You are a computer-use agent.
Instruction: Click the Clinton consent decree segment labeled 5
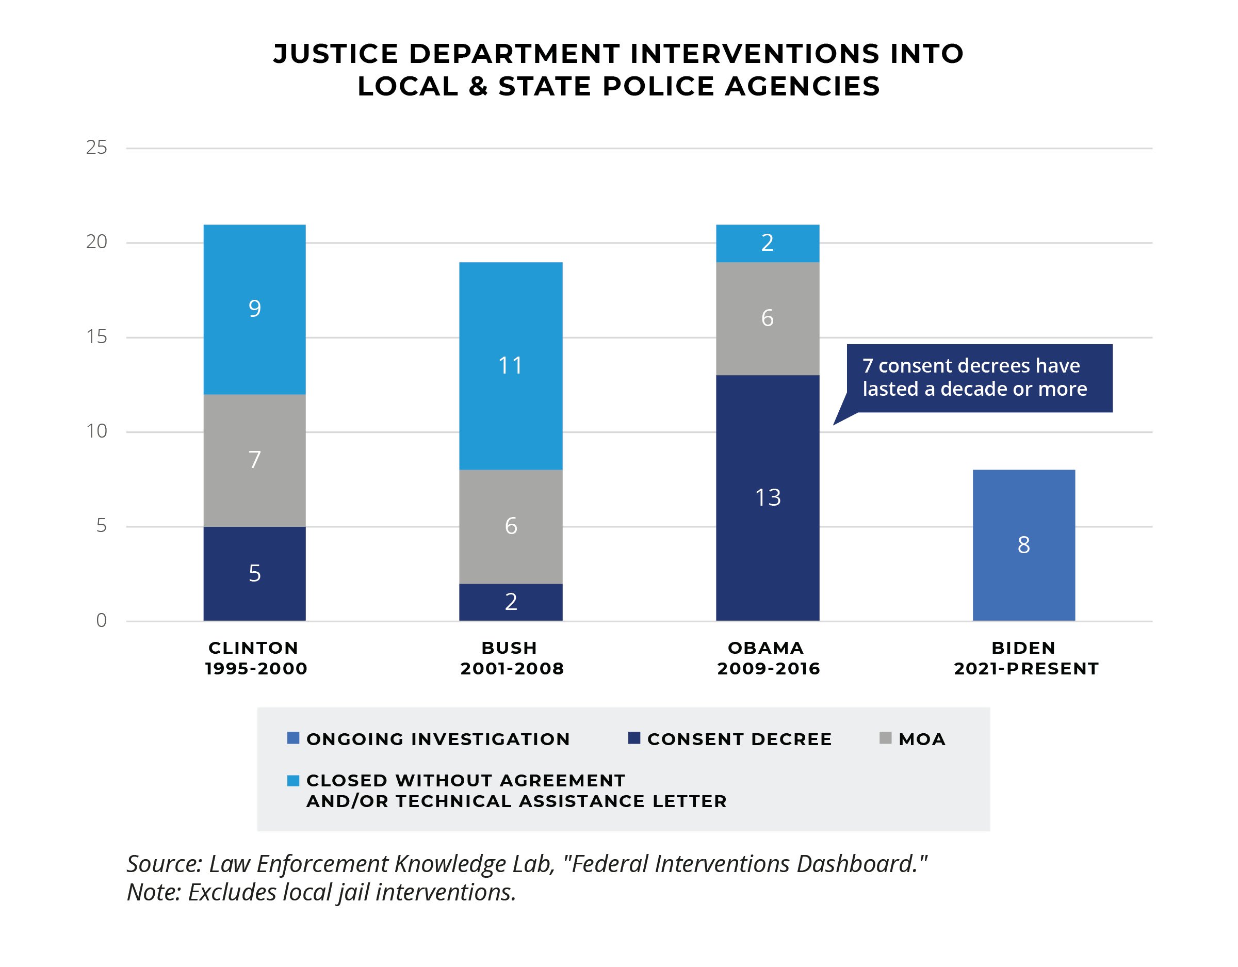coord(254,573)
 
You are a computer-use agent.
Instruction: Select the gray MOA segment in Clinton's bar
coord(254,460)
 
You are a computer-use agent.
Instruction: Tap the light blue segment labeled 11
coord(510,366)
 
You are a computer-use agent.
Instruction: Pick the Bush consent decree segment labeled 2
coord(510,602)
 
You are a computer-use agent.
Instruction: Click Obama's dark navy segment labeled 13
coord(768,497)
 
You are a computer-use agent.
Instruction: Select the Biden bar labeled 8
coord(1023,545)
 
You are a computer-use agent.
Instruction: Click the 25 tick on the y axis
coord(96,148)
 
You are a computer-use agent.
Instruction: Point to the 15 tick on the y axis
coord(96,337)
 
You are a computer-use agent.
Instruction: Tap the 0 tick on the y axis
coord(101,620)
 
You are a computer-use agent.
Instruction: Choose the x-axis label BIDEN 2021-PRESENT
coord(1026,658)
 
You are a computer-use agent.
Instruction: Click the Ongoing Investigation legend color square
coord(293,738)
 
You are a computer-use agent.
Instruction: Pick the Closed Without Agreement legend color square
coord(293,781)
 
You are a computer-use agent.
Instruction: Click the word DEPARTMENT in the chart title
coord(514,54)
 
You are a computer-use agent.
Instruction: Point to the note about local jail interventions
coord(321,892)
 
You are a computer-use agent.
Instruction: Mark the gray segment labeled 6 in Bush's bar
coord(510,526)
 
